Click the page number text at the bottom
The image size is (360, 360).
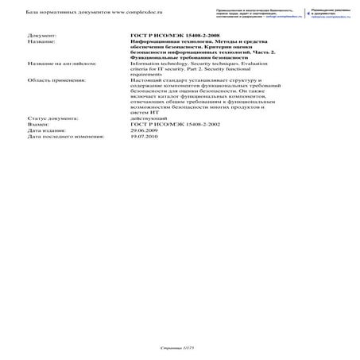176,348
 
